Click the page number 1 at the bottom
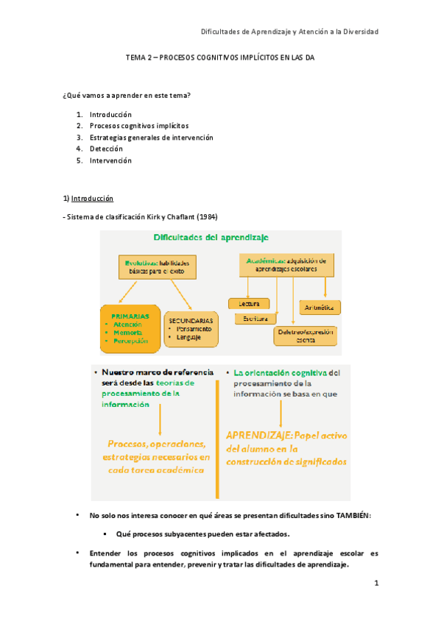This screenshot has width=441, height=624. (375, 584)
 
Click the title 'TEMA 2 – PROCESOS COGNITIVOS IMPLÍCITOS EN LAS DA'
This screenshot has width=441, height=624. (220, 64)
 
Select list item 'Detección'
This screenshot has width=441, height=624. (106, 149)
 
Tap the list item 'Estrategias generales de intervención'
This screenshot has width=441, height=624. (151, 137)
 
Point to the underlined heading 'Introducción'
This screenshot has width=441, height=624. (92, 199)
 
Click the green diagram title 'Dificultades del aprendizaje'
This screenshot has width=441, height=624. (211, 237)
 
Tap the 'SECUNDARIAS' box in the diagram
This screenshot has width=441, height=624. (191, 327)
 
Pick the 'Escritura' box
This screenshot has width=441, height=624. (255, 319)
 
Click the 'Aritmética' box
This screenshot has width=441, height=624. (319, 306)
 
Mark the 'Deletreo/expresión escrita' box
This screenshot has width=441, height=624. (305, 336)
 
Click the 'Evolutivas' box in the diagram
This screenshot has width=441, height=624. (158, 266)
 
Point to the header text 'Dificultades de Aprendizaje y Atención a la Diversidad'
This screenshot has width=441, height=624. (289, 32)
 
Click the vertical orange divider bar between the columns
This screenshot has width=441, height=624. (217, 438)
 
